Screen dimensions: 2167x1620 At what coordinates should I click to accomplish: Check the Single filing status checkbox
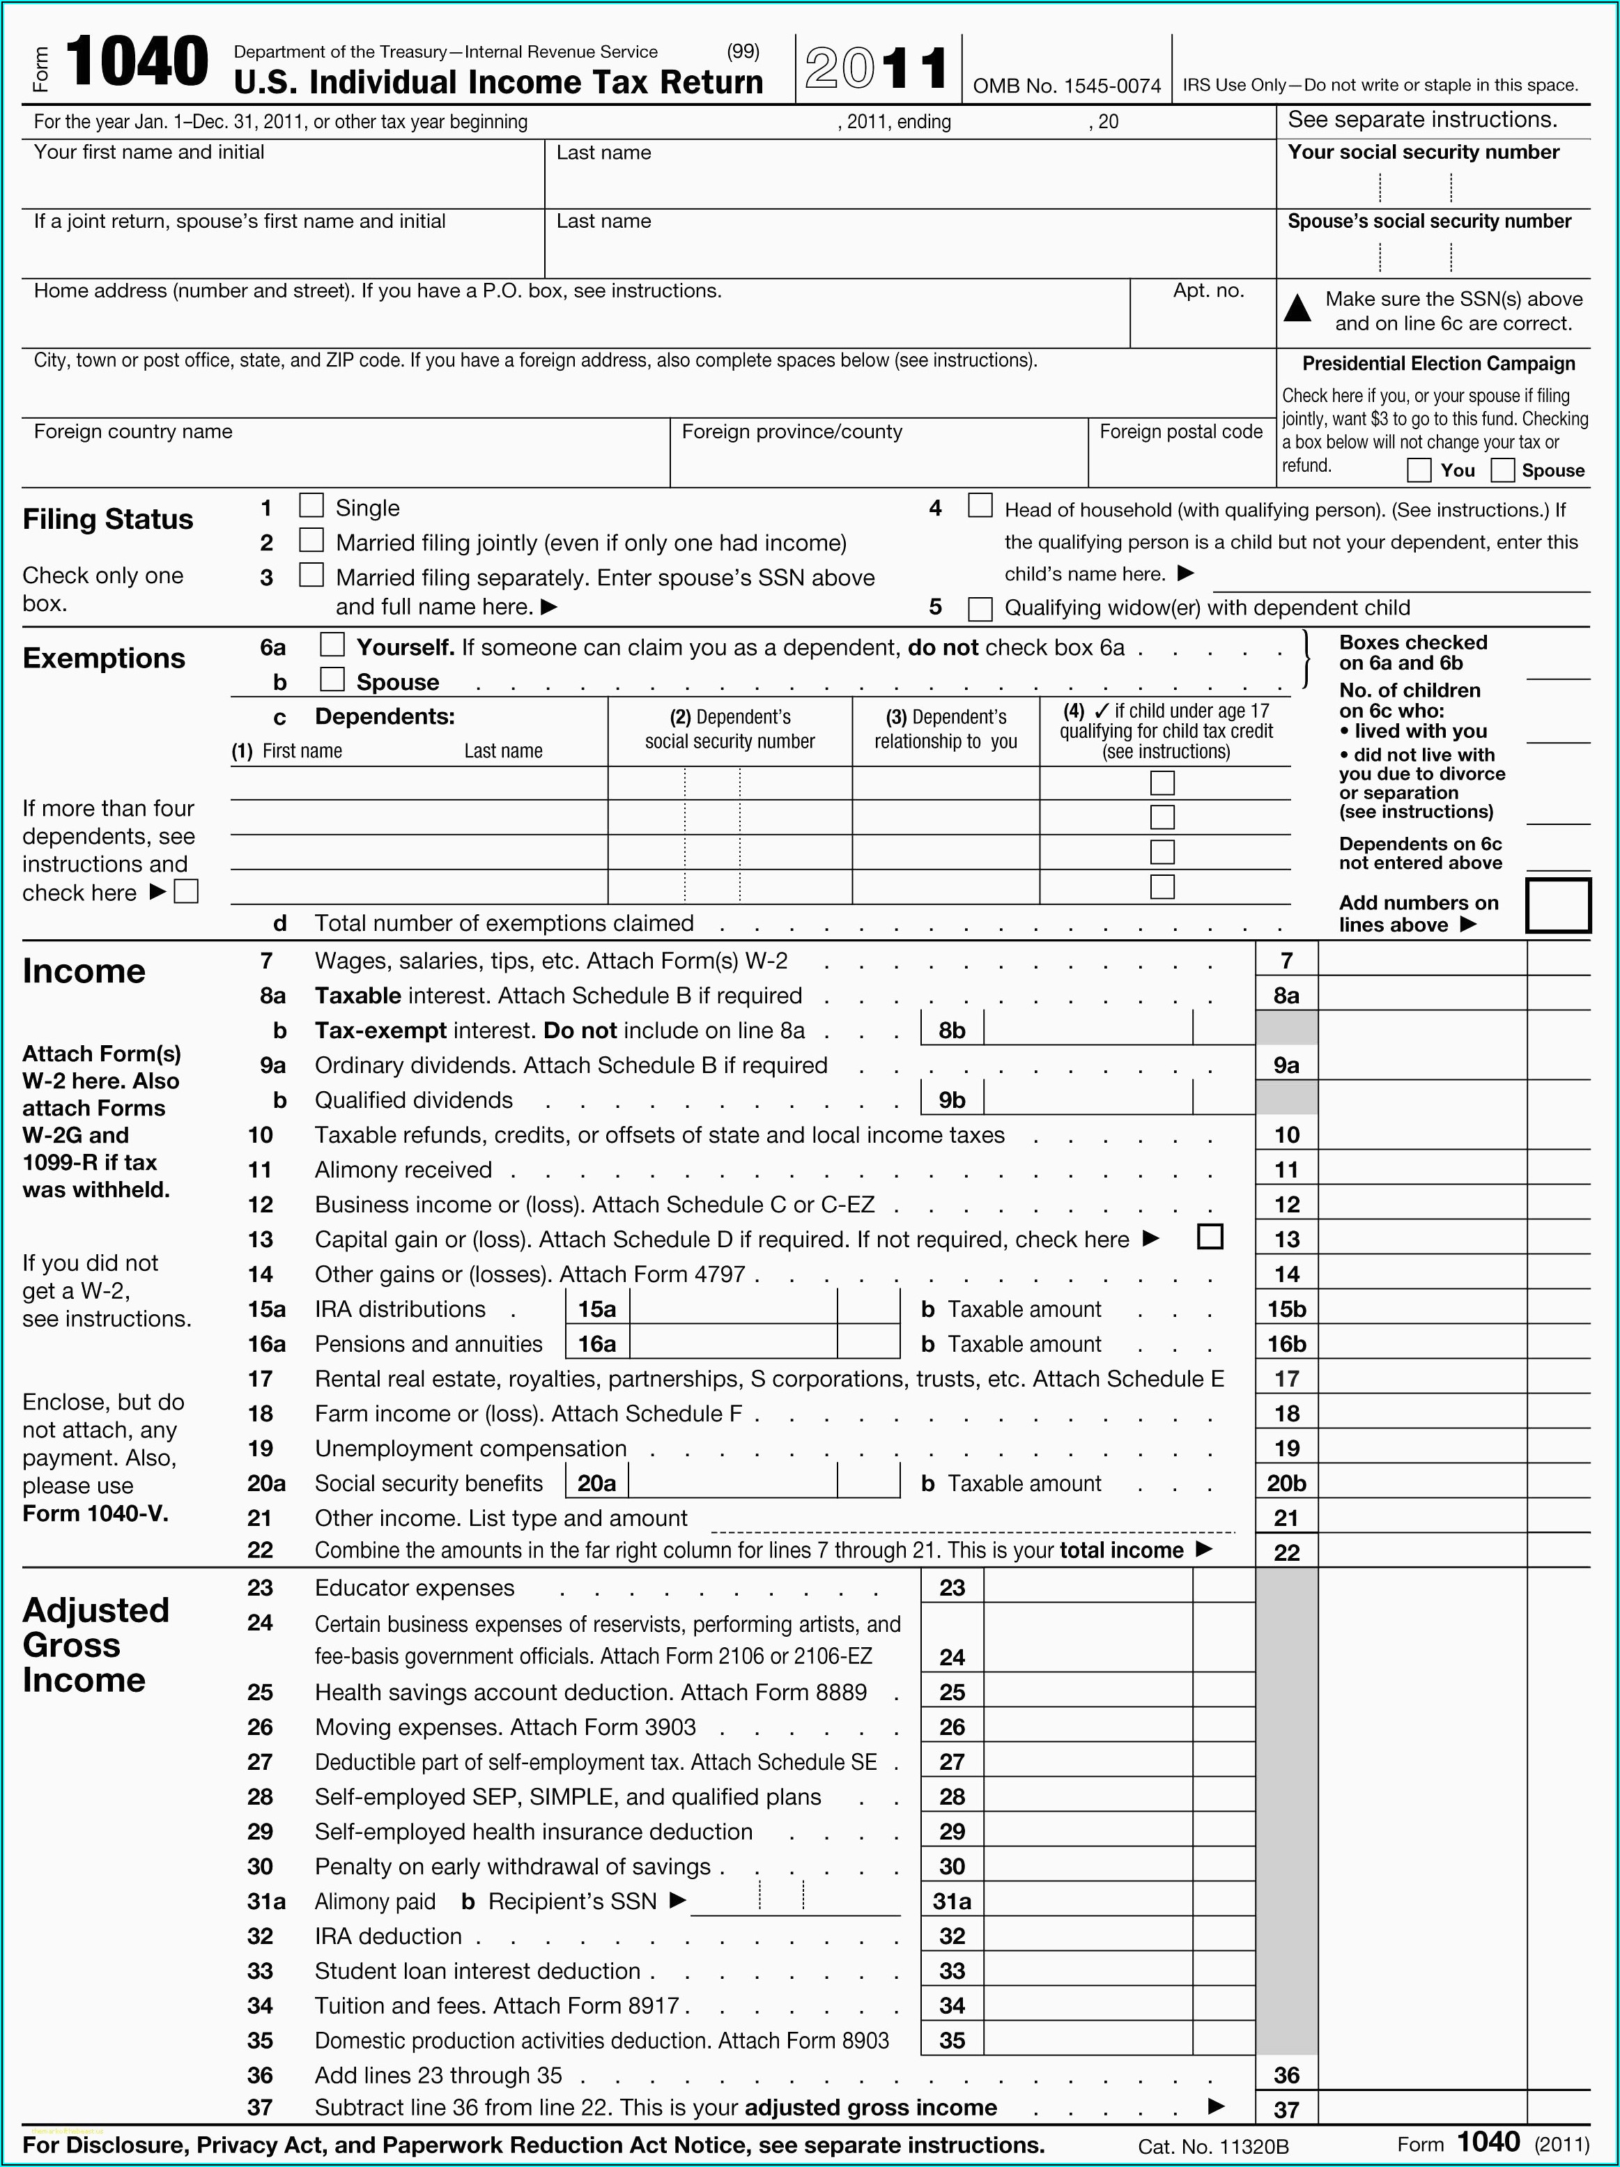pos(311,505)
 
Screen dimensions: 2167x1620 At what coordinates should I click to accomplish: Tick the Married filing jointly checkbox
pos(311,540)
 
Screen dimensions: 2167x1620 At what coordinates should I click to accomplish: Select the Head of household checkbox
pos(980,505)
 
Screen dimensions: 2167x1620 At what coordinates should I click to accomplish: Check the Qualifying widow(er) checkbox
pos(980,608)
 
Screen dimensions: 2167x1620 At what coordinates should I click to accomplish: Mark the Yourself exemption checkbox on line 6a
pos(333,645)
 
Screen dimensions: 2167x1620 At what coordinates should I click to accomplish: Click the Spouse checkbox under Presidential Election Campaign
pos(1502,470)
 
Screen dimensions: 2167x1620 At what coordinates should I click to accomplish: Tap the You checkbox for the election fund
pos(1418,470)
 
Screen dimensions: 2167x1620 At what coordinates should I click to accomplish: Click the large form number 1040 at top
pos(137,62)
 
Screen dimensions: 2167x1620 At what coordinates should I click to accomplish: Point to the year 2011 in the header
pos(877,68)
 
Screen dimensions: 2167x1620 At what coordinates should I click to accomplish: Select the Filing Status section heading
pos(108,519)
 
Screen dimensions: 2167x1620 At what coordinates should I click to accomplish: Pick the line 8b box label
pos(952,1031)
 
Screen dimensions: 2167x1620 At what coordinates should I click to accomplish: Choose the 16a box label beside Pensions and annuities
pos(596,1344)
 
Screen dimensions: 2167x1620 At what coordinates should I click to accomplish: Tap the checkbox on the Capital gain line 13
pos(1210,1237)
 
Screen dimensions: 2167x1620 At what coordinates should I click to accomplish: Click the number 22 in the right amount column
pos(1286,1552)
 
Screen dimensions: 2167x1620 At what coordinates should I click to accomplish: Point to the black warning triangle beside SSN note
pos(1298,309)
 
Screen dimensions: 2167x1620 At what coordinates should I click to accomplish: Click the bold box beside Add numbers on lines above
pos(1557,905)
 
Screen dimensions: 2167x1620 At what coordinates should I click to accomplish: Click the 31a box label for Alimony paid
pos(952,1902)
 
